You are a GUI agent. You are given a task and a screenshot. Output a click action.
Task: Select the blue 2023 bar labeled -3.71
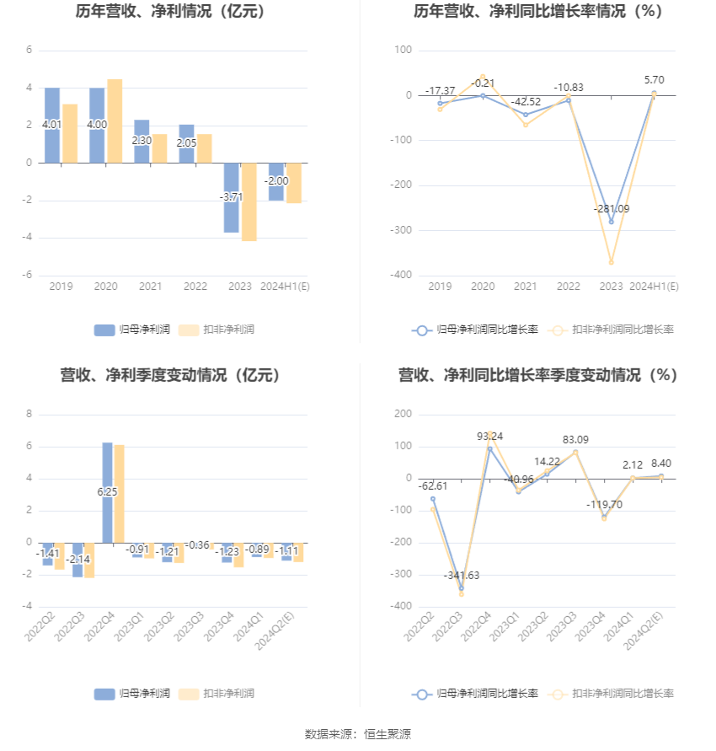click(x=231, y=197)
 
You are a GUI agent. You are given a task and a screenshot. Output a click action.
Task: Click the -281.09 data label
click(x=611, y=209)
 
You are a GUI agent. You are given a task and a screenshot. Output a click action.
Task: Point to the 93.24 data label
click(x=491, y=436)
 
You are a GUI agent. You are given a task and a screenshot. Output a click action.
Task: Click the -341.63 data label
click(x=461, y=575)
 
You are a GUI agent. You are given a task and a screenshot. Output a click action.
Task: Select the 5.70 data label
click(x=653, y=80)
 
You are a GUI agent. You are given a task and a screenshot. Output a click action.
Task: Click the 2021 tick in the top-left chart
click(x=150, y=287)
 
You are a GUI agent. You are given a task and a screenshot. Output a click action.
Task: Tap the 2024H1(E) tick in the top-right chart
click(x=655, y=287)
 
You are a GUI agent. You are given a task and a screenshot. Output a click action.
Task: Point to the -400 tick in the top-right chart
click(x=402, y=275)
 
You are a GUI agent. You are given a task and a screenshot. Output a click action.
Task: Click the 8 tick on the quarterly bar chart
click(x=29, y=414)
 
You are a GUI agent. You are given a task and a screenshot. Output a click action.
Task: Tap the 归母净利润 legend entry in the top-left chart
click(x=132, y=330)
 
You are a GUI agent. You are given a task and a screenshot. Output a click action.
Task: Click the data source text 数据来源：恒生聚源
click(x=358, y=734)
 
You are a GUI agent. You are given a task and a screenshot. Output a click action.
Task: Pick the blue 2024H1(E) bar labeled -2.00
click(x=275, y=181)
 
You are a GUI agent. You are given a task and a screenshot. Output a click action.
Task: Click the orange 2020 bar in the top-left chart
click(x=115, y=121)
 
